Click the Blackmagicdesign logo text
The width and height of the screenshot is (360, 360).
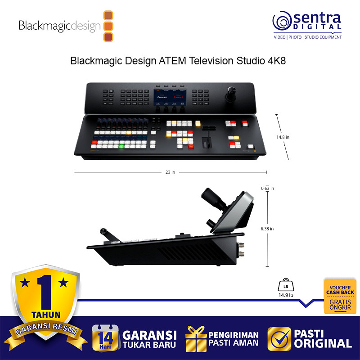click(59, 26)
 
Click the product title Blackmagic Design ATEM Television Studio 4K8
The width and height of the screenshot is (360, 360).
click(178, 61)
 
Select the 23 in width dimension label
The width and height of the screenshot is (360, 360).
click(170, 172)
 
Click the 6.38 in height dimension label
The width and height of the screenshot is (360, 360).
click(267, 229)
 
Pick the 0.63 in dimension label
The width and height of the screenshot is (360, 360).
click(267, 188)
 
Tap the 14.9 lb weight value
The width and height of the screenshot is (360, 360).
click(285, 296)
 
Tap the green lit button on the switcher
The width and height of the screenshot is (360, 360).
click(121, 146)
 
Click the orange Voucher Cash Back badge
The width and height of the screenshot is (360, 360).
click(340, 296)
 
